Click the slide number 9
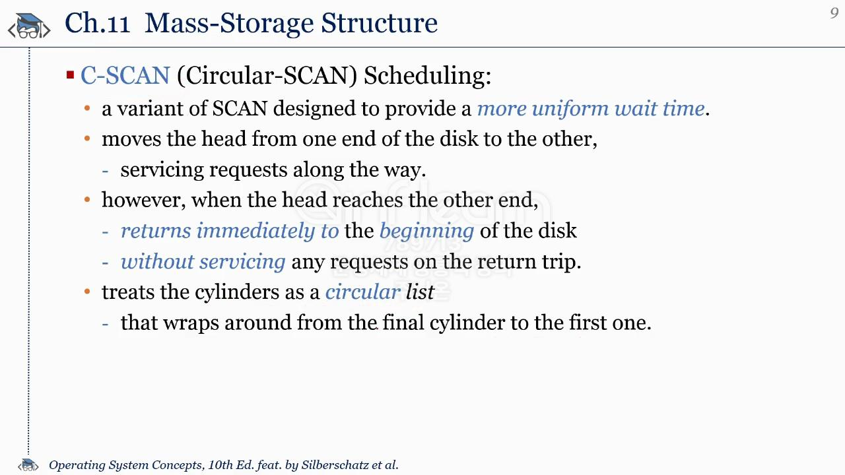[x=834, y=13]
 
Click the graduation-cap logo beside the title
[x=29, y=26]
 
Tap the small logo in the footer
[x=28, y=465]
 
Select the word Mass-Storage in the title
[x=229, y=23]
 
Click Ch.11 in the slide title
[x=97, y=23]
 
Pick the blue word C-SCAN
[x=125, y=75]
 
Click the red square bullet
[x=70, y=75]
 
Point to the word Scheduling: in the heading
[x=427, y=76]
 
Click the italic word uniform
[x=570, y=109]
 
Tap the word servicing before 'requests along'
[x=162, y=170]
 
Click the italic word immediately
[x=255, y=231]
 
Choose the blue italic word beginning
[x=426, y=232]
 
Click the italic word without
[x=157, y=262]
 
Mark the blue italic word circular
[x=362, y=292]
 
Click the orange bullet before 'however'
[x=87, y=199]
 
